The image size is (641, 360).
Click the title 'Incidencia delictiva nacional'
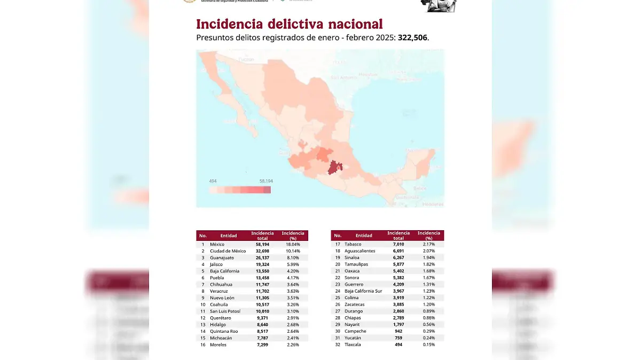(x=289, y=24)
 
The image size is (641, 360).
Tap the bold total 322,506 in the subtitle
(x=413, y=38)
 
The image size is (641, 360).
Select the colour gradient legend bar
(x=240, y=190)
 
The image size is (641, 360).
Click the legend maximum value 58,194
(x=265, y=181)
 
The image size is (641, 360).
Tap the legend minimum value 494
(x=213, y=181)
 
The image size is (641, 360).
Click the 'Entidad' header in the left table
(x=229, y=236)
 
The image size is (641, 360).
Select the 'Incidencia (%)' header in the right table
(x=428, y=236)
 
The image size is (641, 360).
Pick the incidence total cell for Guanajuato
(x=262, y=257)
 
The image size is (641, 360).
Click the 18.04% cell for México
(x=293, y=244)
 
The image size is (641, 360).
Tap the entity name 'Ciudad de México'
(x=228, y=251)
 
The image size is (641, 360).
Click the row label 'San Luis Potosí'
(x=225, y=311)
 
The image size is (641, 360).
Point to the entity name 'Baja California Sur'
(x=363, y=291)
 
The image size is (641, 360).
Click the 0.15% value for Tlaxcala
(x=429, y=345)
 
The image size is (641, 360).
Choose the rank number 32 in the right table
(x=338, y=345)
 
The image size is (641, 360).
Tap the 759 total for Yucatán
(x=398, y=338)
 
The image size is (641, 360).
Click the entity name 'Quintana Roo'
(x=224, y=331)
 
